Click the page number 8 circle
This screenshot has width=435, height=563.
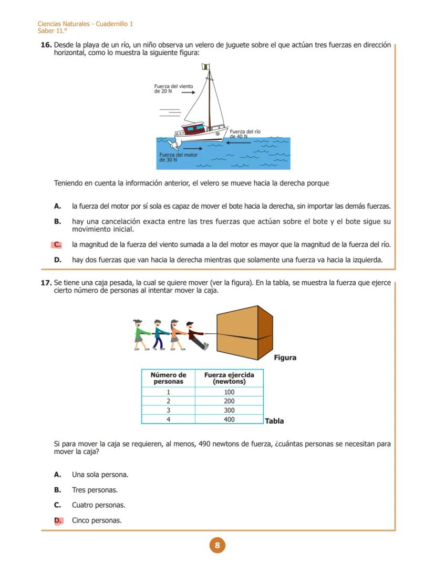[x=217, y=545]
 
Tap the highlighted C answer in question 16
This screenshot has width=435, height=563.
[x=57, y=244]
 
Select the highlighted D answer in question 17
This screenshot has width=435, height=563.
[x=58, y=520]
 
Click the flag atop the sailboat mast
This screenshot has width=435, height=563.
[x=205, y=67]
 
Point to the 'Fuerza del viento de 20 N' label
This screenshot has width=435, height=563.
[x=173, y=89]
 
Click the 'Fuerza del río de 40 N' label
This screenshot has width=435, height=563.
[x=245, y=134]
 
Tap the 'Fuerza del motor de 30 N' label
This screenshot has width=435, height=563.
[x=178, y=157]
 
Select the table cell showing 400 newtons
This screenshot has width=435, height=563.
[x=229, y=419]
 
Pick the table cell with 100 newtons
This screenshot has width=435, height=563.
[x=229, y=392]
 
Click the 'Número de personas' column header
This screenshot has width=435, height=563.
[x=168, y=378]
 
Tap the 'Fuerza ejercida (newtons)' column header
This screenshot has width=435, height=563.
[x=229, y=378]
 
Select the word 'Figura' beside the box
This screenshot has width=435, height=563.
[x=285, y=357]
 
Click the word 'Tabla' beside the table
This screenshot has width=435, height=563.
[x=274, y=421]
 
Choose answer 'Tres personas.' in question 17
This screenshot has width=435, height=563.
[x=95, y=490]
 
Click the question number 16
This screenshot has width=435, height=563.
[x=46, y=45]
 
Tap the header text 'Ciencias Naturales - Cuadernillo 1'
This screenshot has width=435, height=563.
[x=85, y=24]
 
